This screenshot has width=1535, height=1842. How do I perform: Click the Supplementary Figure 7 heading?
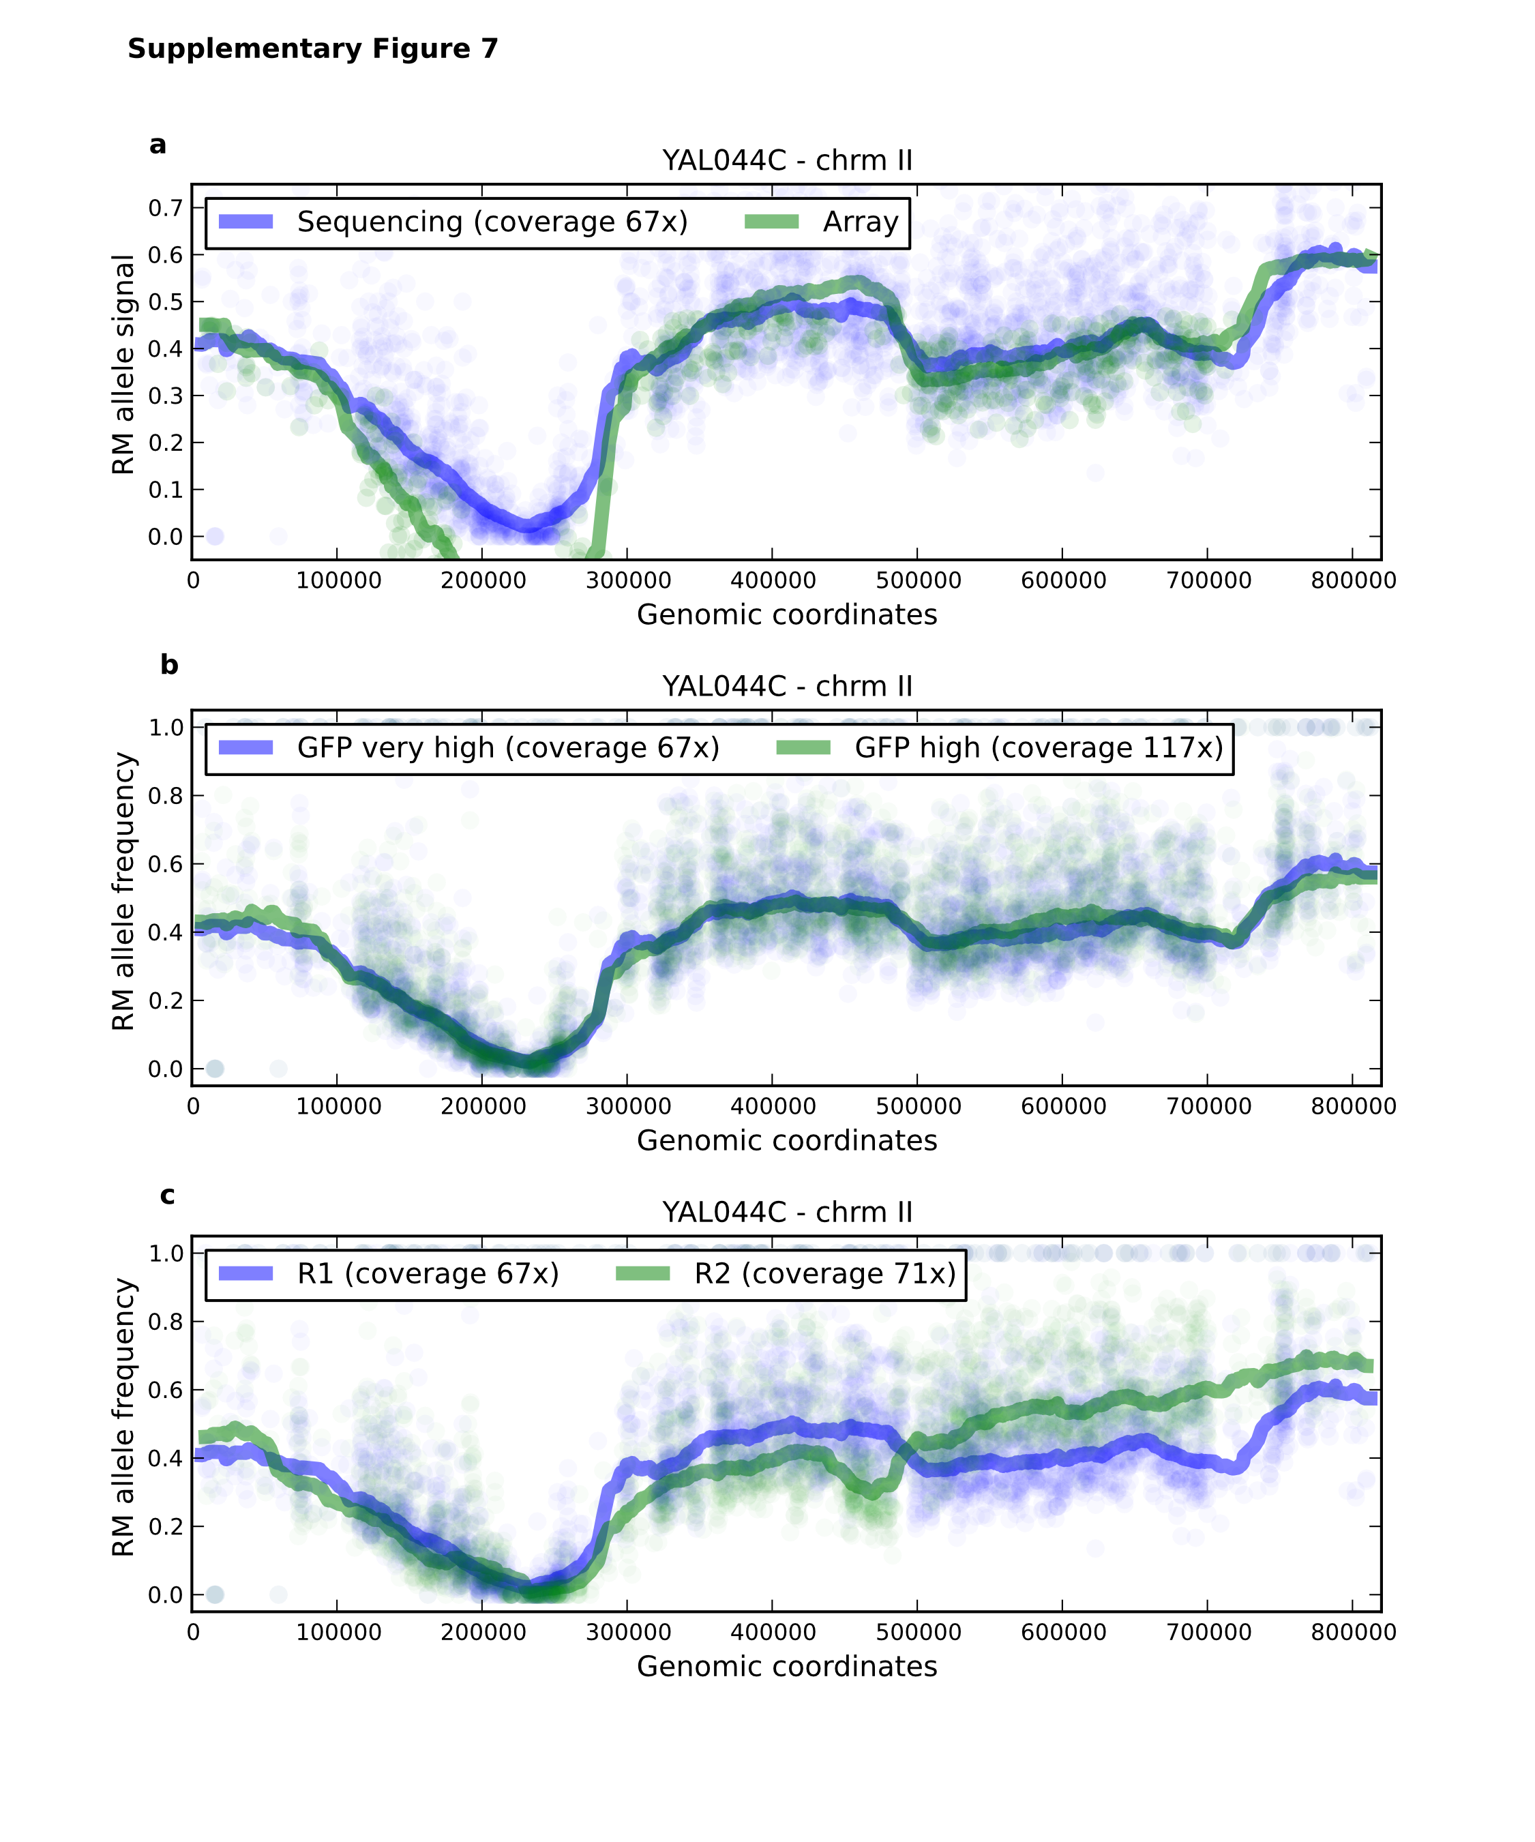pos(312,48)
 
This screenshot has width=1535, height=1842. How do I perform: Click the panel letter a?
pos(158,145)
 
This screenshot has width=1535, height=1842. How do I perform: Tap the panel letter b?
pos(169,666)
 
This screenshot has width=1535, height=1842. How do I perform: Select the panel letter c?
pos(168,1195)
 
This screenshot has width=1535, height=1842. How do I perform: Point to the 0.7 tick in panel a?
pos(165,208)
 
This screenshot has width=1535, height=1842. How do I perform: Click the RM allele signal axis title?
pos(123,365)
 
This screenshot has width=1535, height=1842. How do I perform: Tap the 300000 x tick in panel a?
pos(628,580)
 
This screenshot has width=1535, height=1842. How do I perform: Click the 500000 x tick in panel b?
pos(919,1106)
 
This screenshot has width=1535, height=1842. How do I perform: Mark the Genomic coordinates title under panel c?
pos(787,1667)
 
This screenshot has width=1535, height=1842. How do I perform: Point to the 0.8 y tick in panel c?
pos(165,1322)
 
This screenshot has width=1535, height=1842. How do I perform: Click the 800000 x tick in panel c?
pos(1354,1633)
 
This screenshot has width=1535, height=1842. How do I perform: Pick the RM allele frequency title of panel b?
pos(123,891)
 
